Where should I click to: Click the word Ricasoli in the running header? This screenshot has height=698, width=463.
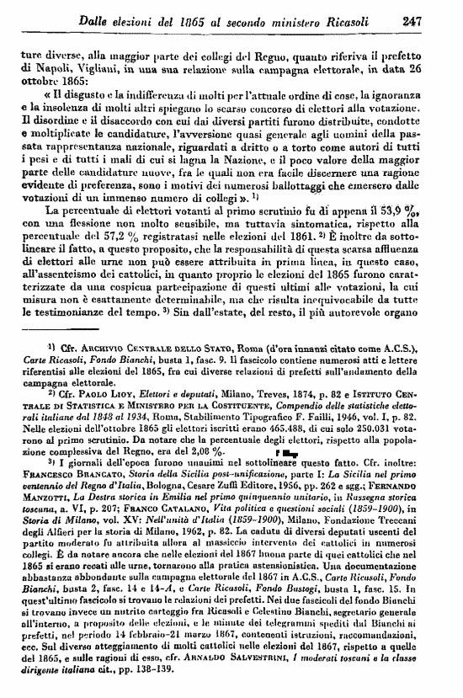click(357, 19)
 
